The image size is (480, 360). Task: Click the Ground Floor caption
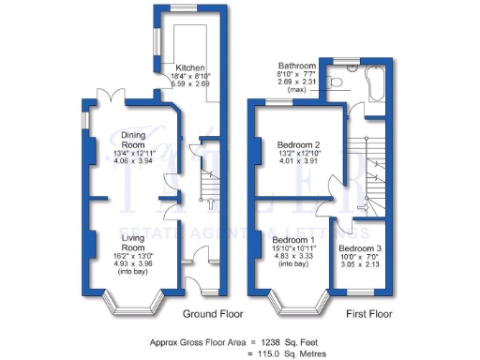point(207,314)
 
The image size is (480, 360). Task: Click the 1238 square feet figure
point(272,343)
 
